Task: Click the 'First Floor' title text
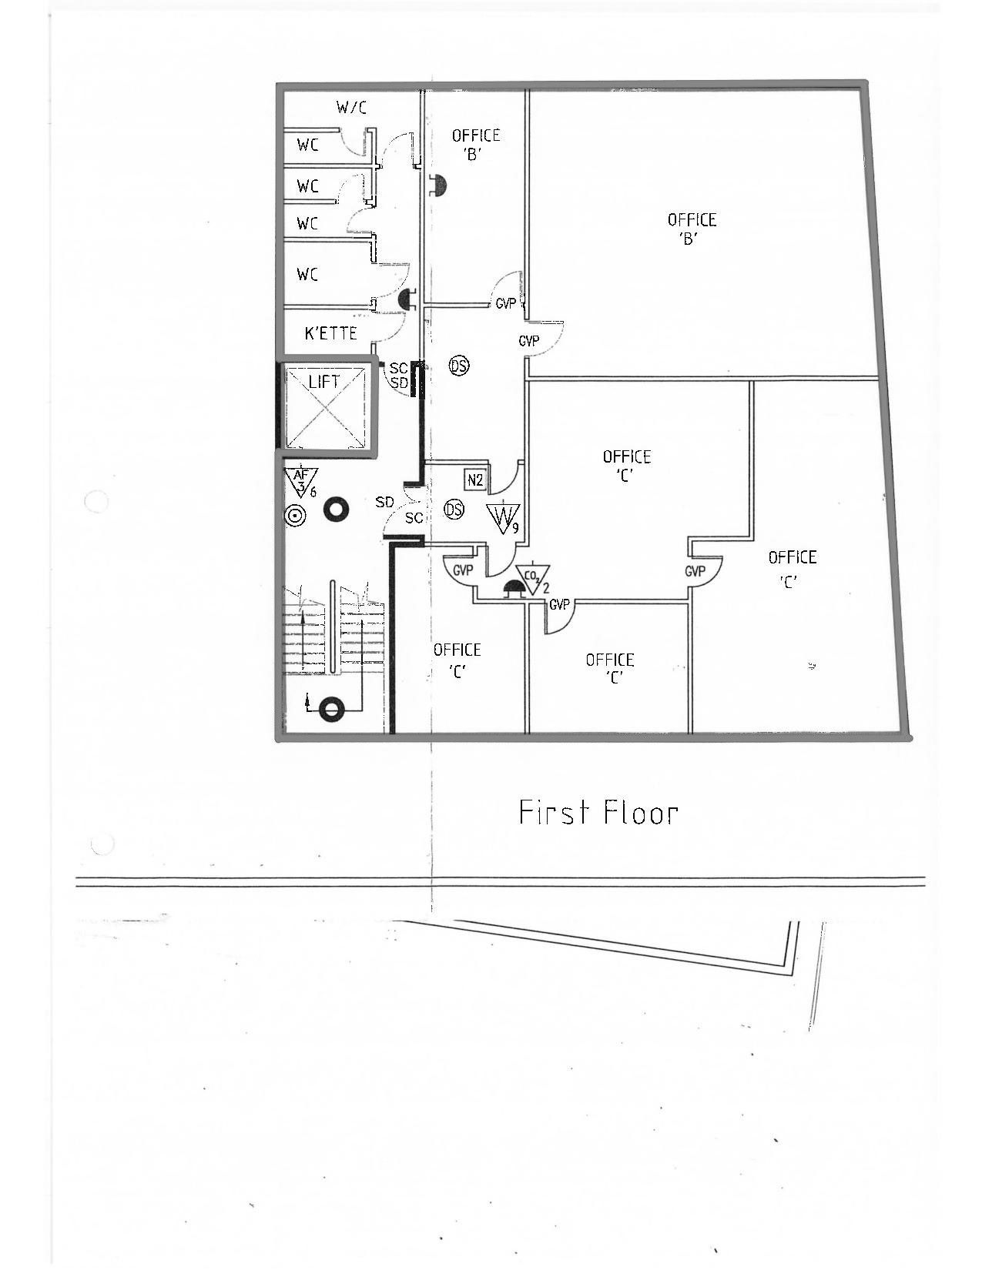click(599, 812)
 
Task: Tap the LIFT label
click(324, 383)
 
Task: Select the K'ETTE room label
click(330, 333)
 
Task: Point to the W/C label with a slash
click(351, 107)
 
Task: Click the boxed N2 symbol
click(475, 480)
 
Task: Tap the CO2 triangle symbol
click(532, 580)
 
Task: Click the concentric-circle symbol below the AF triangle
click(294, 516)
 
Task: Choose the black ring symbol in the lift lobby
click(337, 510)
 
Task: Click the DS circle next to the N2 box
click(454, 510)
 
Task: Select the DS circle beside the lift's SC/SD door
click(460, 366)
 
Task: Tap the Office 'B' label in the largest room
click(692, 229)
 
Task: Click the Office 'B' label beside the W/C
click(475, 145)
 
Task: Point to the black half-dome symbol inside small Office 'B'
click(439, 185)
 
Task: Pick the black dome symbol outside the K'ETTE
click(407, 299)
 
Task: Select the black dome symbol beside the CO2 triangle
click(512, 587)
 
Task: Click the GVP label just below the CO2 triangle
click(559, 604)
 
